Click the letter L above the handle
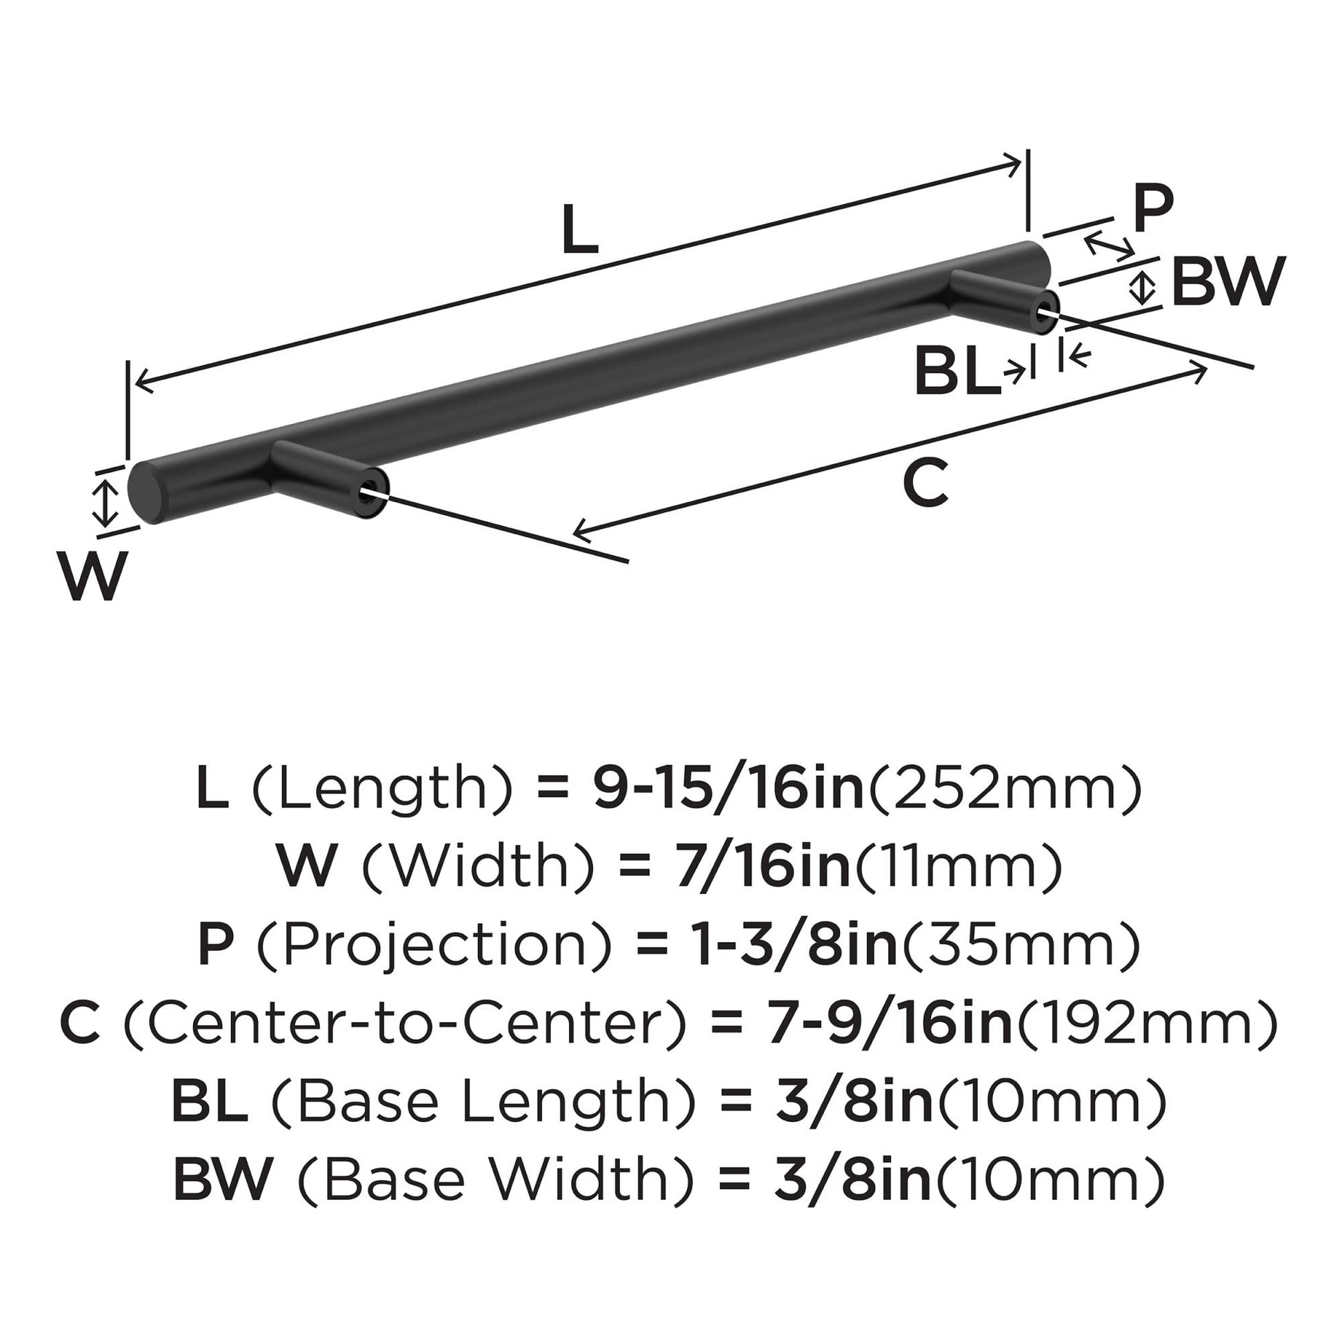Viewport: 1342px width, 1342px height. coord(580,230)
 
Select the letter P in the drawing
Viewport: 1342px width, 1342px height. coord(1152,208)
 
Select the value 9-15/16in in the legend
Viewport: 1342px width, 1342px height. coord(728,791)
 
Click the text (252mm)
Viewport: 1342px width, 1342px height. coord(1005,791)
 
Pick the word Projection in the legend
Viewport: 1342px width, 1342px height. coord(434,947)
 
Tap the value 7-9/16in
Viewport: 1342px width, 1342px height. coord(890,1025)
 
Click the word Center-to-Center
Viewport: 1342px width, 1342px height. coord(405,1025)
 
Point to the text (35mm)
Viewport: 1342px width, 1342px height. coord(1020,947)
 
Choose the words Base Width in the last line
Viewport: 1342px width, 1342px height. coord(495,1180)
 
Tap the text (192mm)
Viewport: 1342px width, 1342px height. coord(1147,1025)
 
